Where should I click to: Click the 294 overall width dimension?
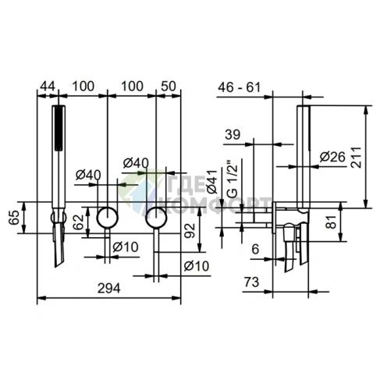(109, 288)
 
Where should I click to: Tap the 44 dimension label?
(48, 86)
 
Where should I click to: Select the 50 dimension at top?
(169, 86)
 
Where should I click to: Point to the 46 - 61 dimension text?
(239, 87)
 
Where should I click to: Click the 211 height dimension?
(356, 158)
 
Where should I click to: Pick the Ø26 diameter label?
(332, 157)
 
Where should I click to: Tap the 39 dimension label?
(233, 134)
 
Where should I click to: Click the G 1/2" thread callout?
(233, 178)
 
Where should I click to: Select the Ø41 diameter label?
(212, 182)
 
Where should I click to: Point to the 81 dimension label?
(332, 222)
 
